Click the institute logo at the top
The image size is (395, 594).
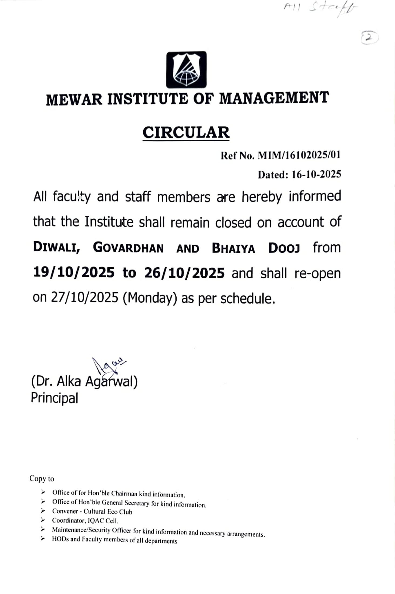pos(186,70)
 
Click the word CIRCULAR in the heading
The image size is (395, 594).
pos(186,133)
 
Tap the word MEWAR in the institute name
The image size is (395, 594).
pos(74,99)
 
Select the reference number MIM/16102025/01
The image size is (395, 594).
pos(299,155)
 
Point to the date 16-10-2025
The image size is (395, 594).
pos(316,174)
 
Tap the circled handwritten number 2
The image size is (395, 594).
pos(370,38)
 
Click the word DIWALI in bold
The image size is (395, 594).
pos(56,247)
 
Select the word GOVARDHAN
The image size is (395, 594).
pos(128,248)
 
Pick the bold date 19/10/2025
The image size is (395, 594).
pos(74,272)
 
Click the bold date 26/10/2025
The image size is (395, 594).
pos(184,273)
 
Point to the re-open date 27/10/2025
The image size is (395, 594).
pos(85,298)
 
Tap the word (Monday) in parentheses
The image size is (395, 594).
pos(150,298)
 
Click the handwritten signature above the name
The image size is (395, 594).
pos(108,366)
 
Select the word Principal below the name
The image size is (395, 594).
pos(55,398)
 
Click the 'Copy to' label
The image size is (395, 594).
pos(42,479)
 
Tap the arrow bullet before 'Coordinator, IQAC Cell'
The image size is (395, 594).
pos(43,520)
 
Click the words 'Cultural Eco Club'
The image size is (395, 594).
pos(108,511)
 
